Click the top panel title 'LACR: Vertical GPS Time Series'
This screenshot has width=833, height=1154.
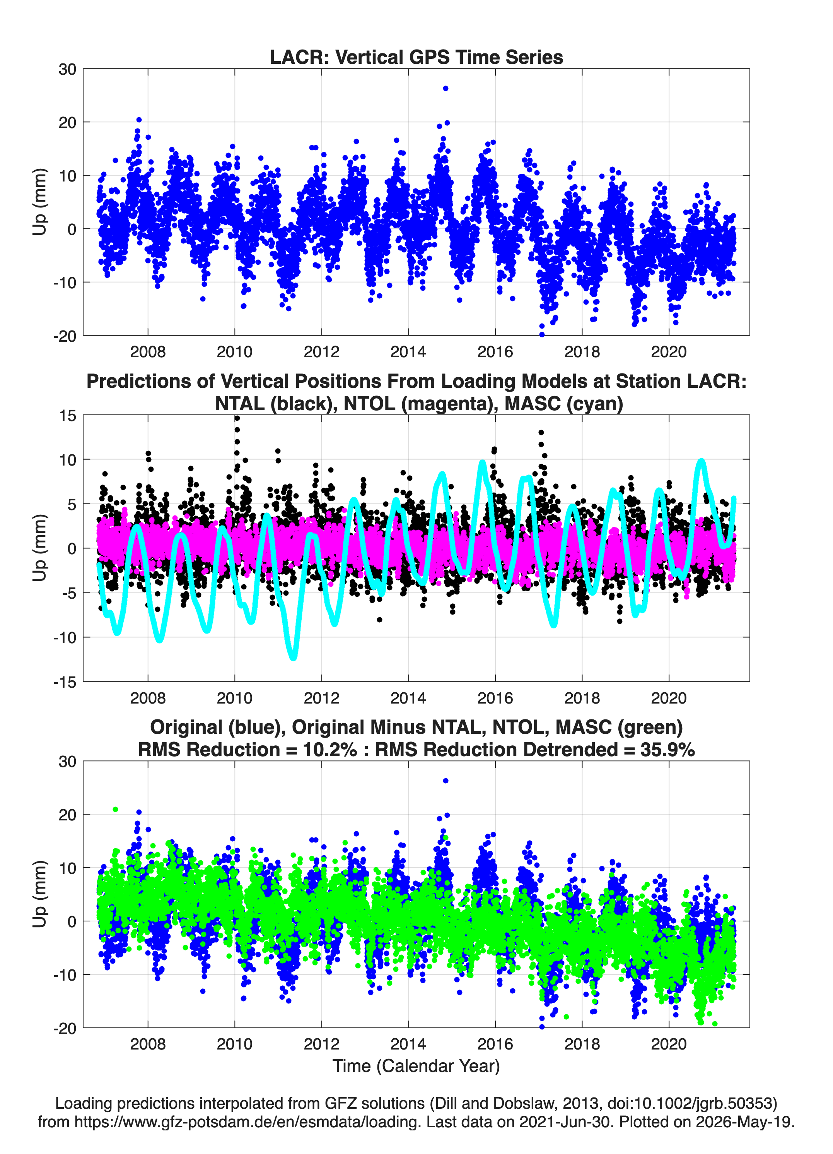tap(416, 57)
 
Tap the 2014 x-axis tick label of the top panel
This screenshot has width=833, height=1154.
tap(408, 352)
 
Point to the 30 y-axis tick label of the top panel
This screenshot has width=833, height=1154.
tap(67, 69)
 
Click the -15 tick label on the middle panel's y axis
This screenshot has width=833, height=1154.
tap(64, 682)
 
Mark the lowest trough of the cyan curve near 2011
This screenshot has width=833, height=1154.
tap(294, 657)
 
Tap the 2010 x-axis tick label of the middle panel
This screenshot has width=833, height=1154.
tap(234, 698)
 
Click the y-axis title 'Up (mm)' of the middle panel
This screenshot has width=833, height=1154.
tap(40, 548)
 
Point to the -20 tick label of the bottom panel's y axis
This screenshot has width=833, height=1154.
tap(64, 1028)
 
